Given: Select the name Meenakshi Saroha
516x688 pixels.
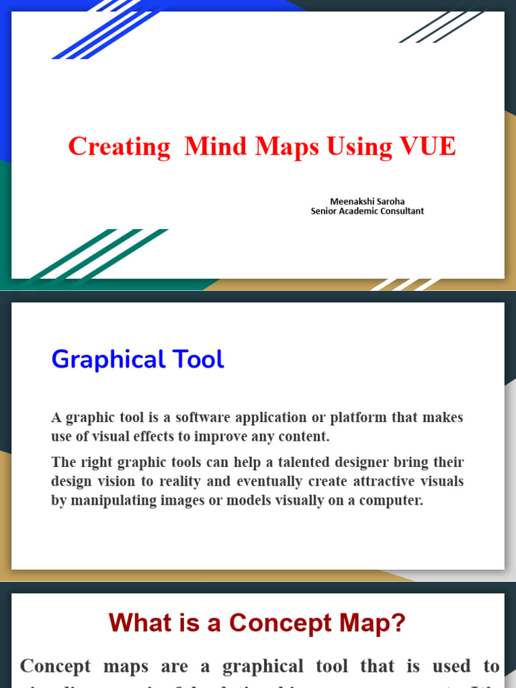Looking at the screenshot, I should (367, 201).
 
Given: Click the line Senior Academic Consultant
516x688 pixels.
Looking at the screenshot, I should (367, 211).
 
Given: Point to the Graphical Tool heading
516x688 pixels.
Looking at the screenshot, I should (138, 359).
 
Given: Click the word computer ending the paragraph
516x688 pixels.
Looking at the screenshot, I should (396, 501).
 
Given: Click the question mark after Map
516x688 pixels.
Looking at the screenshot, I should (398, 623).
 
